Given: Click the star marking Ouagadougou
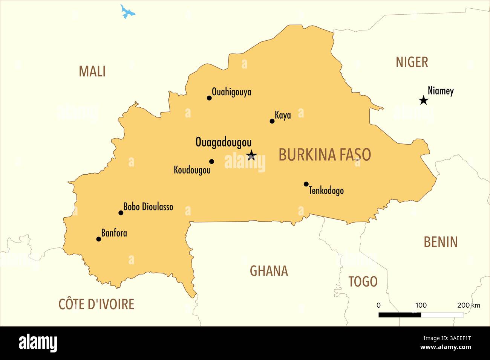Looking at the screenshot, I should [251, 155].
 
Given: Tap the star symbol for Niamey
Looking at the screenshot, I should [424, 100].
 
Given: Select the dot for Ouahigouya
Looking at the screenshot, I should [209, 98].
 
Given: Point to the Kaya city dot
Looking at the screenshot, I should [272, 121].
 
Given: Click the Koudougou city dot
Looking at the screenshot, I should [211, 162].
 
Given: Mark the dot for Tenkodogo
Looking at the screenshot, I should [306, 184].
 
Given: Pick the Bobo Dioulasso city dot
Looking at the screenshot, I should [121, 213].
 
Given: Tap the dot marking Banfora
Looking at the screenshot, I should [99, 239].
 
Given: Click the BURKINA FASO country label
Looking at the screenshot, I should [325, 155].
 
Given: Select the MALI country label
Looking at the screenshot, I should [92, 71].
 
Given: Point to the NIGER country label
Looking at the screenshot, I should [412, 62].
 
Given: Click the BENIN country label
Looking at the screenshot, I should [440, 242].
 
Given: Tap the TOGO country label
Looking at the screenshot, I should [363, 281].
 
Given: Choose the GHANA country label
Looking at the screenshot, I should [269, 271].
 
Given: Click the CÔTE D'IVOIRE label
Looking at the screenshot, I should [96, 304].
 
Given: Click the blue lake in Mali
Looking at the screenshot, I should [127, 12].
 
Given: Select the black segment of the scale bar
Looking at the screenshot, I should [400, 315].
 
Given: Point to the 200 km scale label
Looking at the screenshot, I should [469, 305].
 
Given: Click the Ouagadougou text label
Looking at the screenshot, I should [223, 142].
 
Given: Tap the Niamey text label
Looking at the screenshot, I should [441, 91].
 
